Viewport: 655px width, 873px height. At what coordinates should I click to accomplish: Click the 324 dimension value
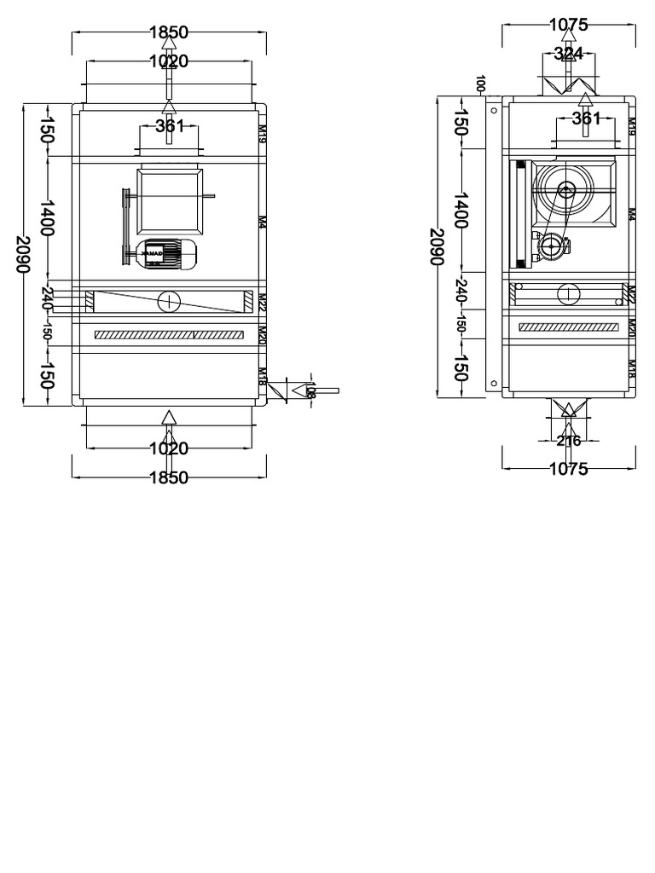tap(569, 54)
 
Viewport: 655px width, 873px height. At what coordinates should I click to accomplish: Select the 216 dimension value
tap(568, 441)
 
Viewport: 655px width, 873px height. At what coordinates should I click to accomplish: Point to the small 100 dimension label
tap(481, 84)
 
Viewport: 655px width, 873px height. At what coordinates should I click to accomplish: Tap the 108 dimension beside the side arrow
tap(311, 390)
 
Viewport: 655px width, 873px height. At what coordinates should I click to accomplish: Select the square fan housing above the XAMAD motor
tap(170, 201)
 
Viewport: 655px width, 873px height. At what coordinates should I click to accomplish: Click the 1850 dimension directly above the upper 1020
tap(169, 32)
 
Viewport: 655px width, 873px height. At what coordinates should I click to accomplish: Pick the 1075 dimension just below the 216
tap(568, 468)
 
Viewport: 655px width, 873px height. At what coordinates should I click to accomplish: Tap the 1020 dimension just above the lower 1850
tap(169, 448)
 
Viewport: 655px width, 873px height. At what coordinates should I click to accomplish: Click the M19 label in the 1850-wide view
tap(263, 130)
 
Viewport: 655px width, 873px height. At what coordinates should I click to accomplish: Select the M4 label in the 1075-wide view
tap(632, 214)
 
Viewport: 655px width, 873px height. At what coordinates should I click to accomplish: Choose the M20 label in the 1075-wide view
tap(632, 327)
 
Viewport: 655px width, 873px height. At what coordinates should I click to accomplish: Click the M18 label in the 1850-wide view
tap(263, 376)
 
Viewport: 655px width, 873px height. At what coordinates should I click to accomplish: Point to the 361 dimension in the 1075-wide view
tap(587, 119)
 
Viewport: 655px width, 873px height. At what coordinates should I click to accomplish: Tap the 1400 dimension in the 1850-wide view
tap(47, 218)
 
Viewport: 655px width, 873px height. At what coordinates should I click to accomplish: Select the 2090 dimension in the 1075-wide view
tap(437, 247)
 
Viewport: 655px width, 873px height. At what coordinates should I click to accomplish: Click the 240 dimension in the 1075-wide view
tap(461, 290)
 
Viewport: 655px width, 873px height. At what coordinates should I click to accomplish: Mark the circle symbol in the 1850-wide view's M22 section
tap(169, 301)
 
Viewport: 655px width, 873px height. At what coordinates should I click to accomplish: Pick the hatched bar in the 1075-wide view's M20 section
tap(569, 327)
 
